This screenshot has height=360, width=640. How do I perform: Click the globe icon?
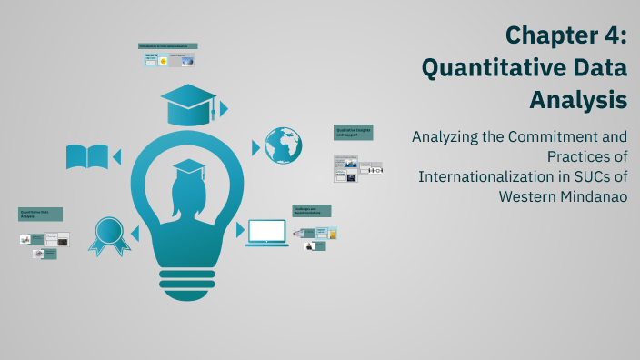pyautogui.click(x=283, y=145)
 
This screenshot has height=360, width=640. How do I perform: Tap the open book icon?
pyautogui.click(x=86, y=156)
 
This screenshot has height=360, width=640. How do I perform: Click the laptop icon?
pyautogui.click(x=266, y=233)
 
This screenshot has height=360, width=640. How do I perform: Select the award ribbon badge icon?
pyautogui.click(x=108, y=235)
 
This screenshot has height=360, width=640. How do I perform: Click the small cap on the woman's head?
pyautogui.click(x=188, y=167)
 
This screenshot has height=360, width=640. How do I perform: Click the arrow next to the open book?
pyautogui.click(x=117, y=156)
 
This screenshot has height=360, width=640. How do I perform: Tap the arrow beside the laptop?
pyautogui.click(x=241, y=230)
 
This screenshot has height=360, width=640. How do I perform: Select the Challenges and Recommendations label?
pyautogui.click(x=311, y=211)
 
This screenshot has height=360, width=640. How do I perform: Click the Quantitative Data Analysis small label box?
pyautogui.click(x=40, y=215)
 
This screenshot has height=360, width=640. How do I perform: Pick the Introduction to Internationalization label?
pyautogui.click(x=167, y=45)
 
